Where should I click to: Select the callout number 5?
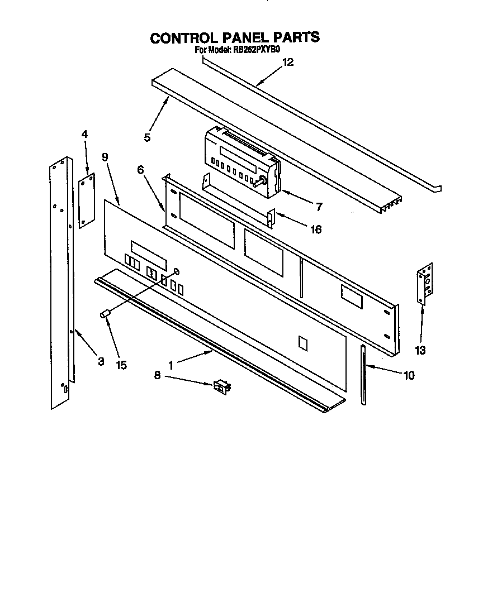coord(147,137)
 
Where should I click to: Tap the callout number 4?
coord(84,134)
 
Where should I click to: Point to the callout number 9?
coord(105,157)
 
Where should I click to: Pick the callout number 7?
coord(318,207)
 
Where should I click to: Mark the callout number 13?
coord(420,351)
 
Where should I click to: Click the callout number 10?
coord(409,375)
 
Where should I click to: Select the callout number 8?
coord(157,376)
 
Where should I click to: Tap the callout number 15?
coord(121,365)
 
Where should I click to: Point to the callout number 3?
coord(101,361)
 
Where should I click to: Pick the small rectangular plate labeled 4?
coord(87,201)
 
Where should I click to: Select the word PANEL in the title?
coord(246,37)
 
